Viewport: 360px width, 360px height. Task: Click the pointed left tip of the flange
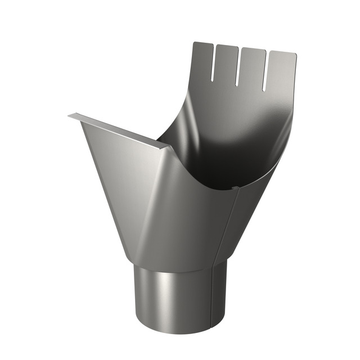pyautogui.click(x=70, y=116)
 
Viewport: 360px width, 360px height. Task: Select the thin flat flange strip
pyautogui.click(x=118, y=130)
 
